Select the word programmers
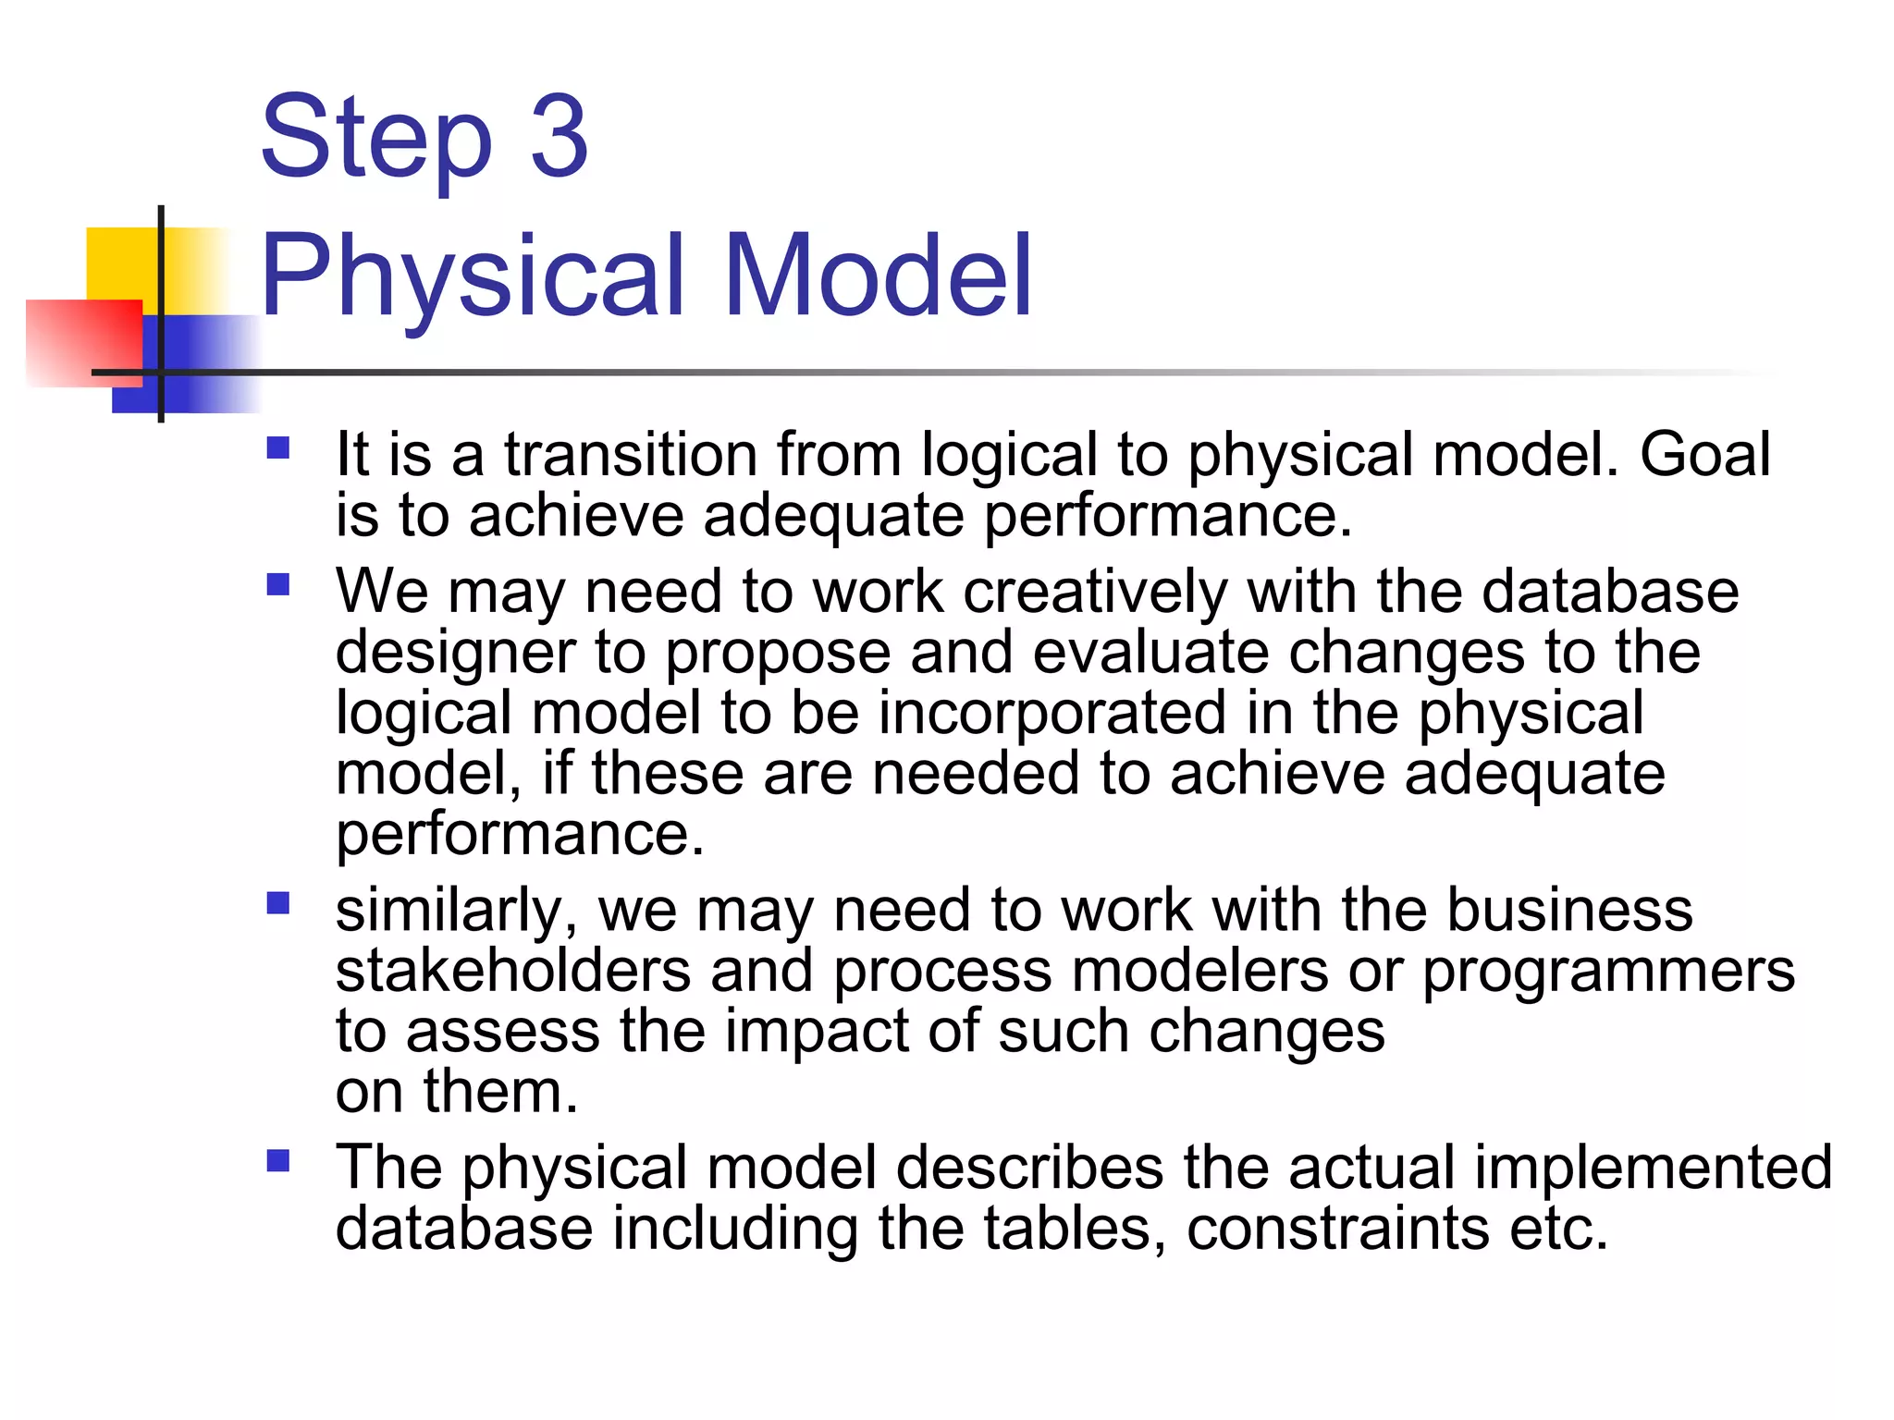1608,972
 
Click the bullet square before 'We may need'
278,585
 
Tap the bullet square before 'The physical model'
278,1160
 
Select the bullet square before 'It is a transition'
278,448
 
